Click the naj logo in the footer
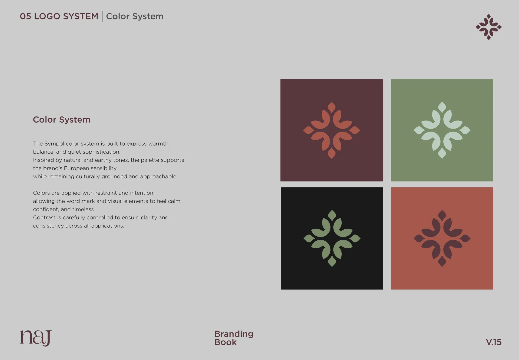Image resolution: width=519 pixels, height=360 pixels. (36, 338)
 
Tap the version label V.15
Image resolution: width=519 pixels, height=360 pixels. (494, 342)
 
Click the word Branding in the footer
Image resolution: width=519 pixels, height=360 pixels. (234, 334)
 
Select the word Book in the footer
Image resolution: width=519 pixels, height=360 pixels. (225, 342)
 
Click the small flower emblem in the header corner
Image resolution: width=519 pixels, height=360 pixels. (489, 27)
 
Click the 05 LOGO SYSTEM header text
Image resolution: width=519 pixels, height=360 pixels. (59, 16)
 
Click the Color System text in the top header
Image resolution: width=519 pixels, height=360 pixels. (135, 16)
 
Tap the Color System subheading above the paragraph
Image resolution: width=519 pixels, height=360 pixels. (62, 120)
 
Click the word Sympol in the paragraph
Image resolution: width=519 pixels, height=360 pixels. (54, 144)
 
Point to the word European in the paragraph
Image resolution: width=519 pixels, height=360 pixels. (76, 168)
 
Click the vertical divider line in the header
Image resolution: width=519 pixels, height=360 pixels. (102, 16)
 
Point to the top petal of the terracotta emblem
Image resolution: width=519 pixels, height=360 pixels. (332, 107)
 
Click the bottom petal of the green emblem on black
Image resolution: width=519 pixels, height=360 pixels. (332, 261)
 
